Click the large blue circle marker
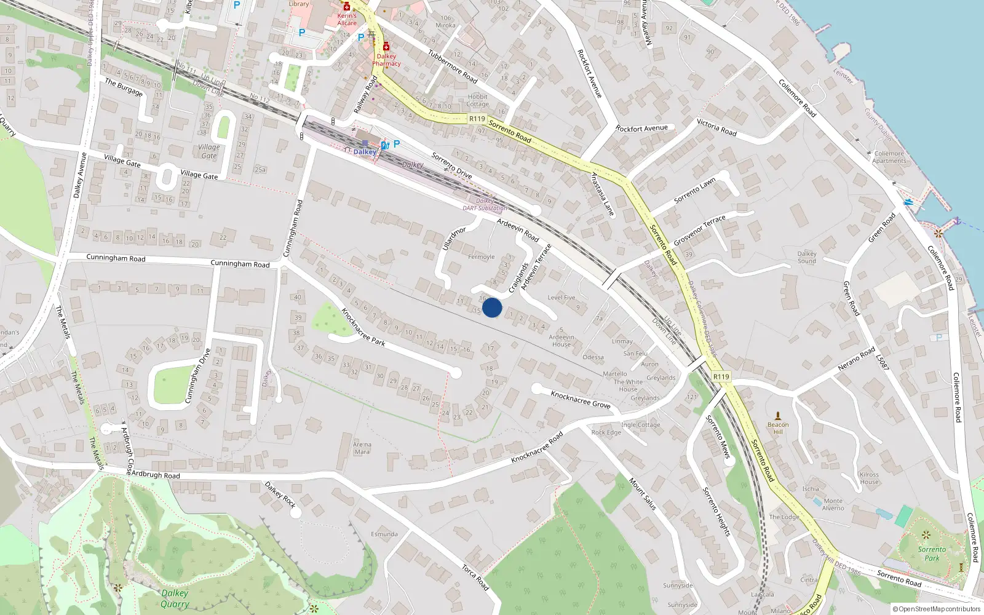pos(492,307)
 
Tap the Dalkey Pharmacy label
pos(386,60)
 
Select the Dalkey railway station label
pos(365,152)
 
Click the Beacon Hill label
pos(778,428)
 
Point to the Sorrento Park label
pos(932,553)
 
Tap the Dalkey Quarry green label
pos(175,598)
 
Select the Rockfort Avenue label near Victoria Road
pos(641,129)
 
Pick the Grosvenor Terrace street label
pos(699,230)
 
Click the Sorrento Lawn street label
pos(695,191)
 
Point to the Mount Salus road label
pos(643,494)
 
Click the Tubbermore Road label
pos(453,66)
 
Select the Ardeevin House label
pos(561,341)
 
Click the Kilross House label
pos(869,478)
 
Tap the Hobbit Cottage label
pos(477,100)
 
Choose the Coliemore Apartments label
pos(889,157)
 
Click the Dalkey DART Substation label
pos(485,205)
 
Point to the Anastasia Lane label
pos(602,194)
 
